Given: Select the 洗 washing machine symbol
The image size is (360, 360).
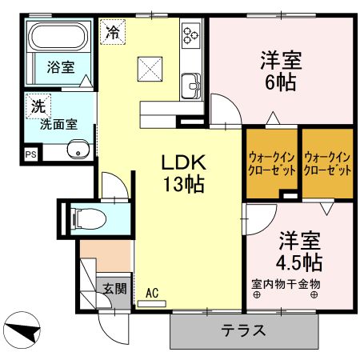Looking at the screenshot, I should [38, 103].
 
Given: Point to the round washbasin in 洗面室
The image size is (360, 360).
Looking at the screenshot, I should [77, 150].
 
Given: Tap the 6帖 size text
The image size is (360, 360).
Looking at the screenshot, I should [281, 82].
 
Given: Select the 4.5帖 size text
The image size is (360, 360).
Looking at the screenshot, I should [300, 262].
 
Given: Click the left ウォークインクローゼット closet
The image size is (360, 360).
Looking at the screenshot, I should [272, 164].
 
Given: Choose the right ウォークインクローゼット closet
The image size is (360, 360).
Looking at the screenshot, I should [328, 164].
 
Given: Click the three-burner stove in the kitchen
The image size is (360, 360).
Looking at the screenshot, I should [192, 34].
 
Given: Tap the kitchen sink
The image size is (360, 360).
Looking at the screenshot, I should [191, 83].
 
